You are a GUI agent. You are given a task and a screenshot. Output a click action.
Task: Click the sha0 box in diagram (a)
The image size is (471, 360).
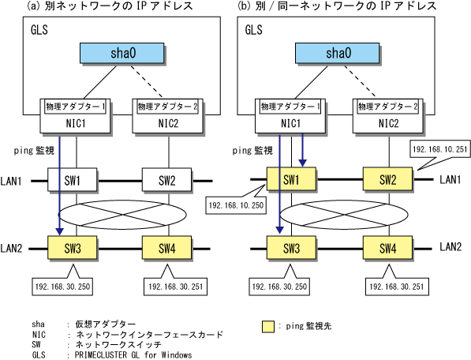122,53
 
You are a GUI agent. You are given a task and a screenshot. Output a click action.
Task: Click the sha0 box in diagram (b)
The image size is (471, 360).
338,53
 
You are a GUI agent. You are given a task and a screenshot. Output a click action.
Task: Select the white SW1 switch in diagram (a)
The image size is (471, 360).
72,180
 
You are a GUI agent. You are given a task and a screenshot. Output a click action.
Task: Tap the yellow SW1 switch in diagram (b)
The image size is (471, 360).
291,179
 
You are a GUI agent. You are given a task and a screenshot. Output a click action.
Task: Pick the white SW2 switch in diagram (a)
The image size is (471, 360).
166,180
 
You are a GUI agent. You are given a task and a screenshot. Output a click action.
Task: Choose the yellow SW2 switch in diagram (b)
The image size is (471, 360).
387,179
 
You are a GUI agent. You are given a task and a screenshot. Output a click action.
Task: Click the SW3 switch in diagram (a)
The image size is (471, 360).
72,248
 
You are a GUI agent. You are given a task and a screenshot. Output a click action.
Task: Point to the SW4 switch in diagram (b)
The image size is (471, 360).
387,248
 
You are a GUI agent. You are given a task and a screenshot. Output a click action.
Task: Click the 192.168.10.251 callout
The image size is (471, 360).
440,149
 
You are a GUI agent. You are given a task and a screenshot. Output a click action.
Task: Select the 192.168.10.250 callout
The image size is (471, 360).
236,205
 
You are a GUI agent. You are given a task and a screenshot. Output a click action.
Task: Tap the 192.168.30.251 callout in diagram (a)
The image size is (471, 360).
175,287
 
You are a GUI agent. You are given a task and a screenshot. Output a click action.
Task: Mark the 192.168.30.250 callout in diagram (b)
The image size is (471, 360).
279,287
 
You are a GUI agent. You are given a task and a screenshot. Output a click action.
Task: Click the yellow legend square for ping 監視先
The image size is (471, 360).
268,327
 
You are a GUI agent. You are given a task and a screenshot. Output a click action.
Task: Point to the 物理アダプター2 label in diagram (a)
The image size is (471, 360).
167,107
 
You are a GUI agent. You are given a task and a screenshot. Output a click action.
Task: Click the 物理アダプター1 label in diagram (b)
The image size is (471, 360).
290,107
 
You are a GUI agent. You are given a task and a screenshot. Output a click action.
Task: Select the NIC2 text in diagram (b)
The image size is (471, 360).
388,123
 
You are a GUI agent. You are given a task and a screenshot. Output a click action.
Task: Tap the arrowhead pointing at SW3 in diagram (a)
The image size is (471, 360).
59,231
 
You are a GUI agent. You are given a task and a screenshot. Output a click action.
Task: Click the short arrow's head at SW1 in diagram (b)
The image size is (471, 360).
302,163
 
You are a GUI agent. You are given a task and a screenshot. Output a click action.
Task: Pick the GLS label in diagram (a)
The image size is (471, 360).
39,30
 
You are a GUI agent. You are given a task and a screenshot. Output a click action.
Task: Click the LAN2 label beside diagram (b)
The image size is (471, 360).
450,247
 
